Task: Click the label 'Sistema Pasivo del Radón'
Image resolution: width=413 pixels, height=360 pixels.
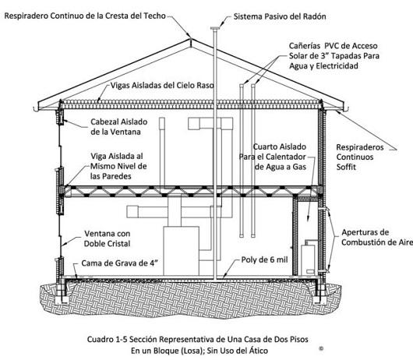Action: [x=280, y=16]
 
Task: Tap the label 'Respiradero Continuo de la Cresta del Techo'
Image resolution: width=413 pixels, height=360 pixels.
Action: [x=85, y=16]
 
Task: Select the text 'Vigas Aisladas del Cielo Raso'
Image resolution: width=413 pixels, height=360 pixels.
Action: [x=162, y=86]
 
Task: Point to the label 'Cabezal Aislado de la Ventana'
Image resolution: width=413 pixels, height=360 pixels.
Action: [x=118, y=127]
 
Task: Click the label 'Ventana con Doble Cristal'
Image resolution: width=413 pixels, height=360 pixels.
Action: [x=107, y=238]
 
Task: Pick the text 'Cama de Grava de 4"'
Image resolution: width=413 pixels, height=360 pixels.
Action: [x=119, y=263]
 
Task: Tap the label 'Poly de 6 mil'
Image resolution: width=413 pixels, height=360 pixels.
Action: [x=264, y=260]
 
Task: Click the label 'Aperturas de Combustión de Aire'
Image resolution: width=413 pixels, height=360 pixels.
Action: [x=377, y=238]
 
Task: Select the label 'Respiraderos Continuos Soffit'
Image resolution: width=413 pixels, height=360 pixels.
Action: [x=360, y=157]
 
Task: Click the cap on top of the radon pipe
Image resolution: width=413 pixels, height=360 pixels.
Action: [x=215, y=28]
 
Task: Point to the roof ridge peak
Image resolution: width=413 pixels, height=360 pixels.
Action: [x=190, y=40]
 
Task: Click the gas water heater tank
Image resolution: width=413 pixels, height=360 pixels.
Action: [x=308, y=259]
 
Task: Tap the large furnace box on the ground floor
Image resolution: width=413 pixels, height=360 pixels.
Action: [x=181, y=251]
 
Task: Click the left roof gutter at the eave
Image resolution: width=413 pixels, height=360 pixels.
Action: [x=36, y=109]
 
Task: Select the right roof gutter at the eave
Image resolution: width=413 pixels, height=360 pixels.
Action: [x=346, y=109]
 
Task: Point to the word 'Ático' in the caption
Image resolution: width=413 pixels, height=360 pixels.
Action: [x=259, y=351]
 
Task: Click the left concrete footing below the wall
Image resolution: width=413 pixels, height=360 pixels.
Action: [x=62, y=300]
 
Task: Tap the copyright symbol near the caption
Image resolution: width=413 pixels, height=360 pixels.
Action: [x=321, y=348]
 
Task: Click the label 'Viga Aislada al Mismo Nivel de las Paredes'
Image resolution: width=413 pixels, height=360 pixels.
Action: [x=118, y=166]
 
